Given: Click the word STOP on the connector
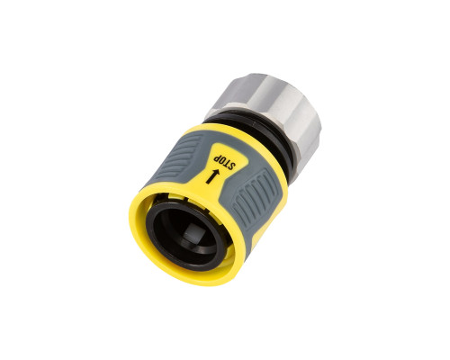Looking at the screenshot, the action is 223,162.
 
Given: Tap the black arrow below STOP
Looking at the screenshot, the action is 212,176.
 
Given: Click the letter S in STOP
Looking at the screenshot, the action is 231,166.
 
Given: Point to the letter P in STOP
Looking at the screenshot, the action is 215,158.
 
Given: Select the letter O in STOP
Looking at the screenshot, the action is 220,161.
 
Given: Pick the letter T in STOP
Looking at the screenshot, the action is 227,163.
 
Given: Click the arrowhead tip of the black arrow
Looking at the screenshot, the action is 218,172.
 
